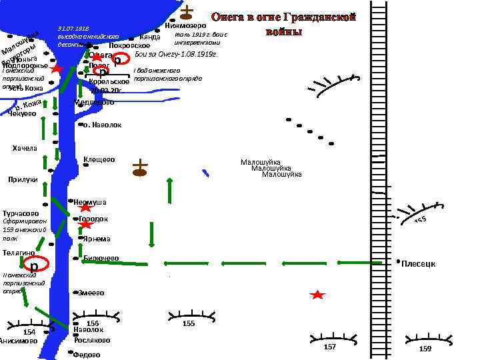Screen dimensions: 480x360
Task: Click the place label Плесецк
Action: click(x=419, y=264)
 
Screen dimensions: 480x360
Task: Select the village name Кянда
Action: click(x=151, y=37)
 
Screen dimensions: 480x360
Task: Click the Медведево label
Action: click(x=94, y=102)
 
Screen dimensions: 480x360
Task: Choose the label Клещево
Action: click(x=99, y=159)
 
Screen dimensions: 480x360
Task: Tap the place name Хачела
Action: click(x=25, y=147)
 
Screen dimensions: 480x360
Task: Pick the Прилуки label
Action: click(x=23, y=179)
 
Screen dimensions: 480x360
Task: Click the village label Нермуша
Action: click(x=91, y=202)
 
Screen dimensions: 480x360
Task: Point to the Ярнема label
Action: click(x=97, y=239)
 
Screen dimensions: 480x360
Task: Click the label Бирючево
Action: click(x=101, y=258)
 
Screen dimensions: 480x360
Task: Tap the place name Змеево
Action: click(x=91, y=293)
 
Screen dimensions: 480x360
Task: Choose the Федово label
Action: click(x=86, y=355)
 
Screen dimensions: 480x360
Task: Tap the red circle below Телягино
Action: click(x=34, y=265)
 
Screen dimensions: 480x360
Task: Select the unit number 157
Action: click(x=329, y=347)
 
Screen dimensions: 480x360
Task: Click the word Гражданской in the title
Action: click(x=320, y=17)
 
